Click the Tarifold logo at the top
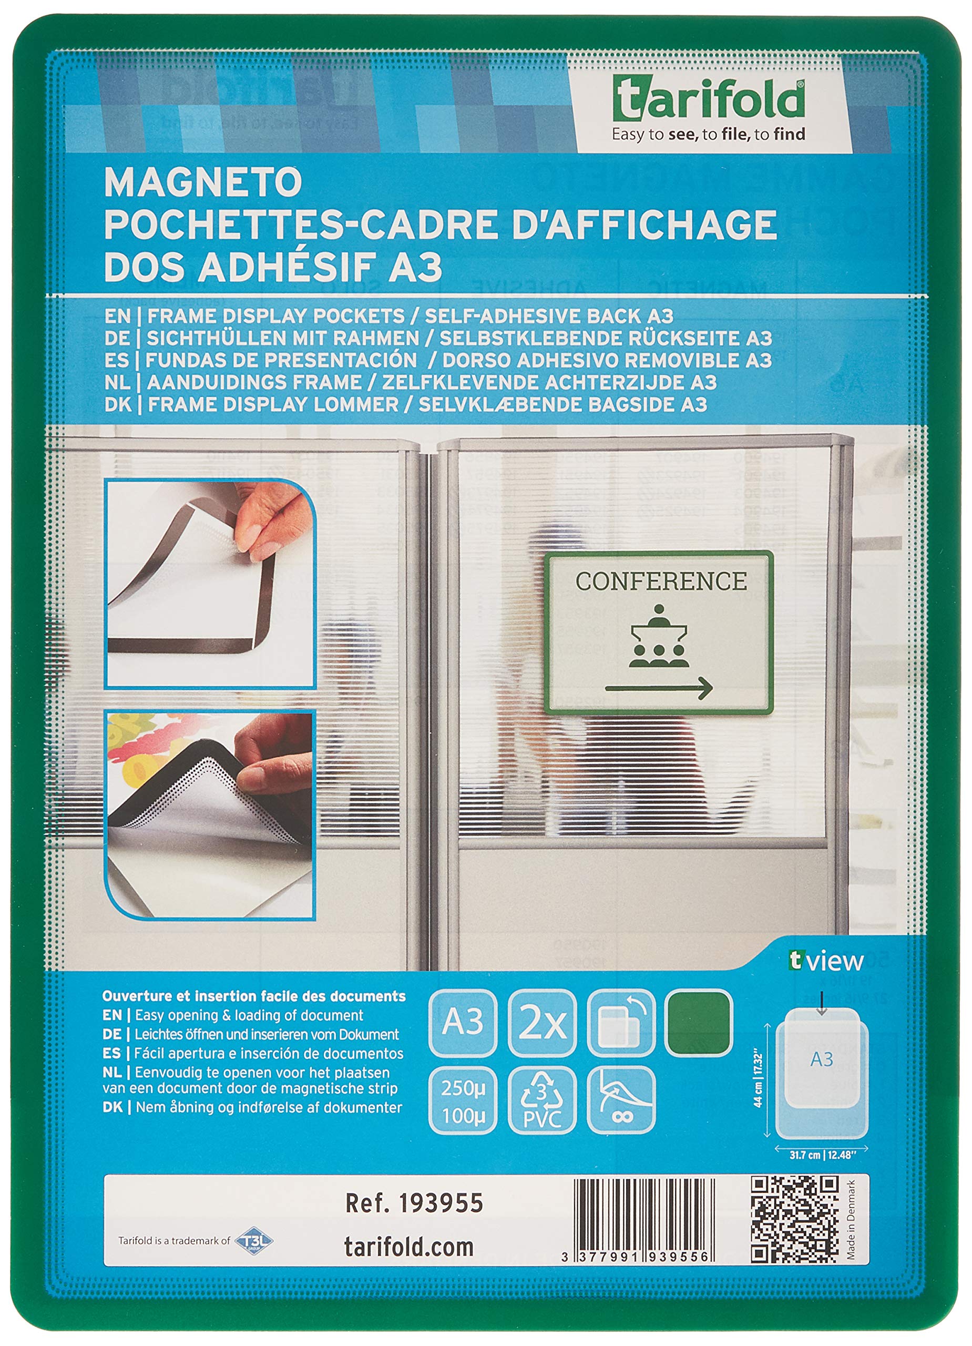[x=709, y=101]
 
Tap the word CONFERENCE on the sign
[x=660, y=581]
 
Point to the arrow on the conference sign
[x=659, y=688]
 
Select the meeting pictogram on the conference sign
[x=659, y=636]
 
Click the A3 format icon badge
[x=462, y=1023]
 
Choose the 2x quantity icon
[x=542, y=1023]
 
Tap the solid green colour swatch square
[x=699, y=1023]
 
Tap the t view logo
[x=826, y=961]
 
